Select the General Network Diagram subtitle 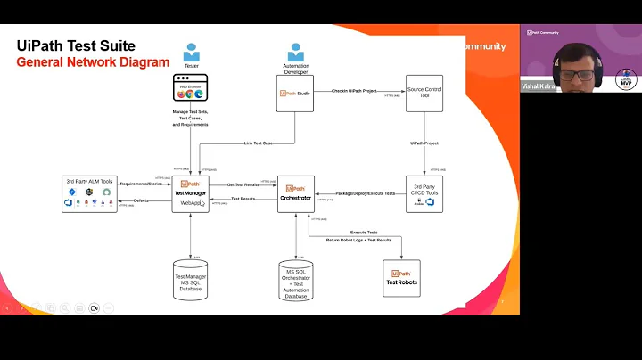click(x=93, y=62)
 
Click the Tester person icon click(x=191, y=53)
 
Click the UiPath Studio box click(x=295, y=93)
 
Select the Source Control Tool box click(x=424, y=93)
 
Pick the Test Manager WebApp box click(x=191, y=193)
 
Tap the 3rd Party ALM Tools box click(x=90, y=193)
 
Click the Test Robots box click(x=400, y=278)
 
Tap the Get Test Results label click(x=243, y=184)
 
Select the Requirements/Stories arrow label click(x=144, y=184)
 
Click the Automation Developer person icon click(x=295, y=53)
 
